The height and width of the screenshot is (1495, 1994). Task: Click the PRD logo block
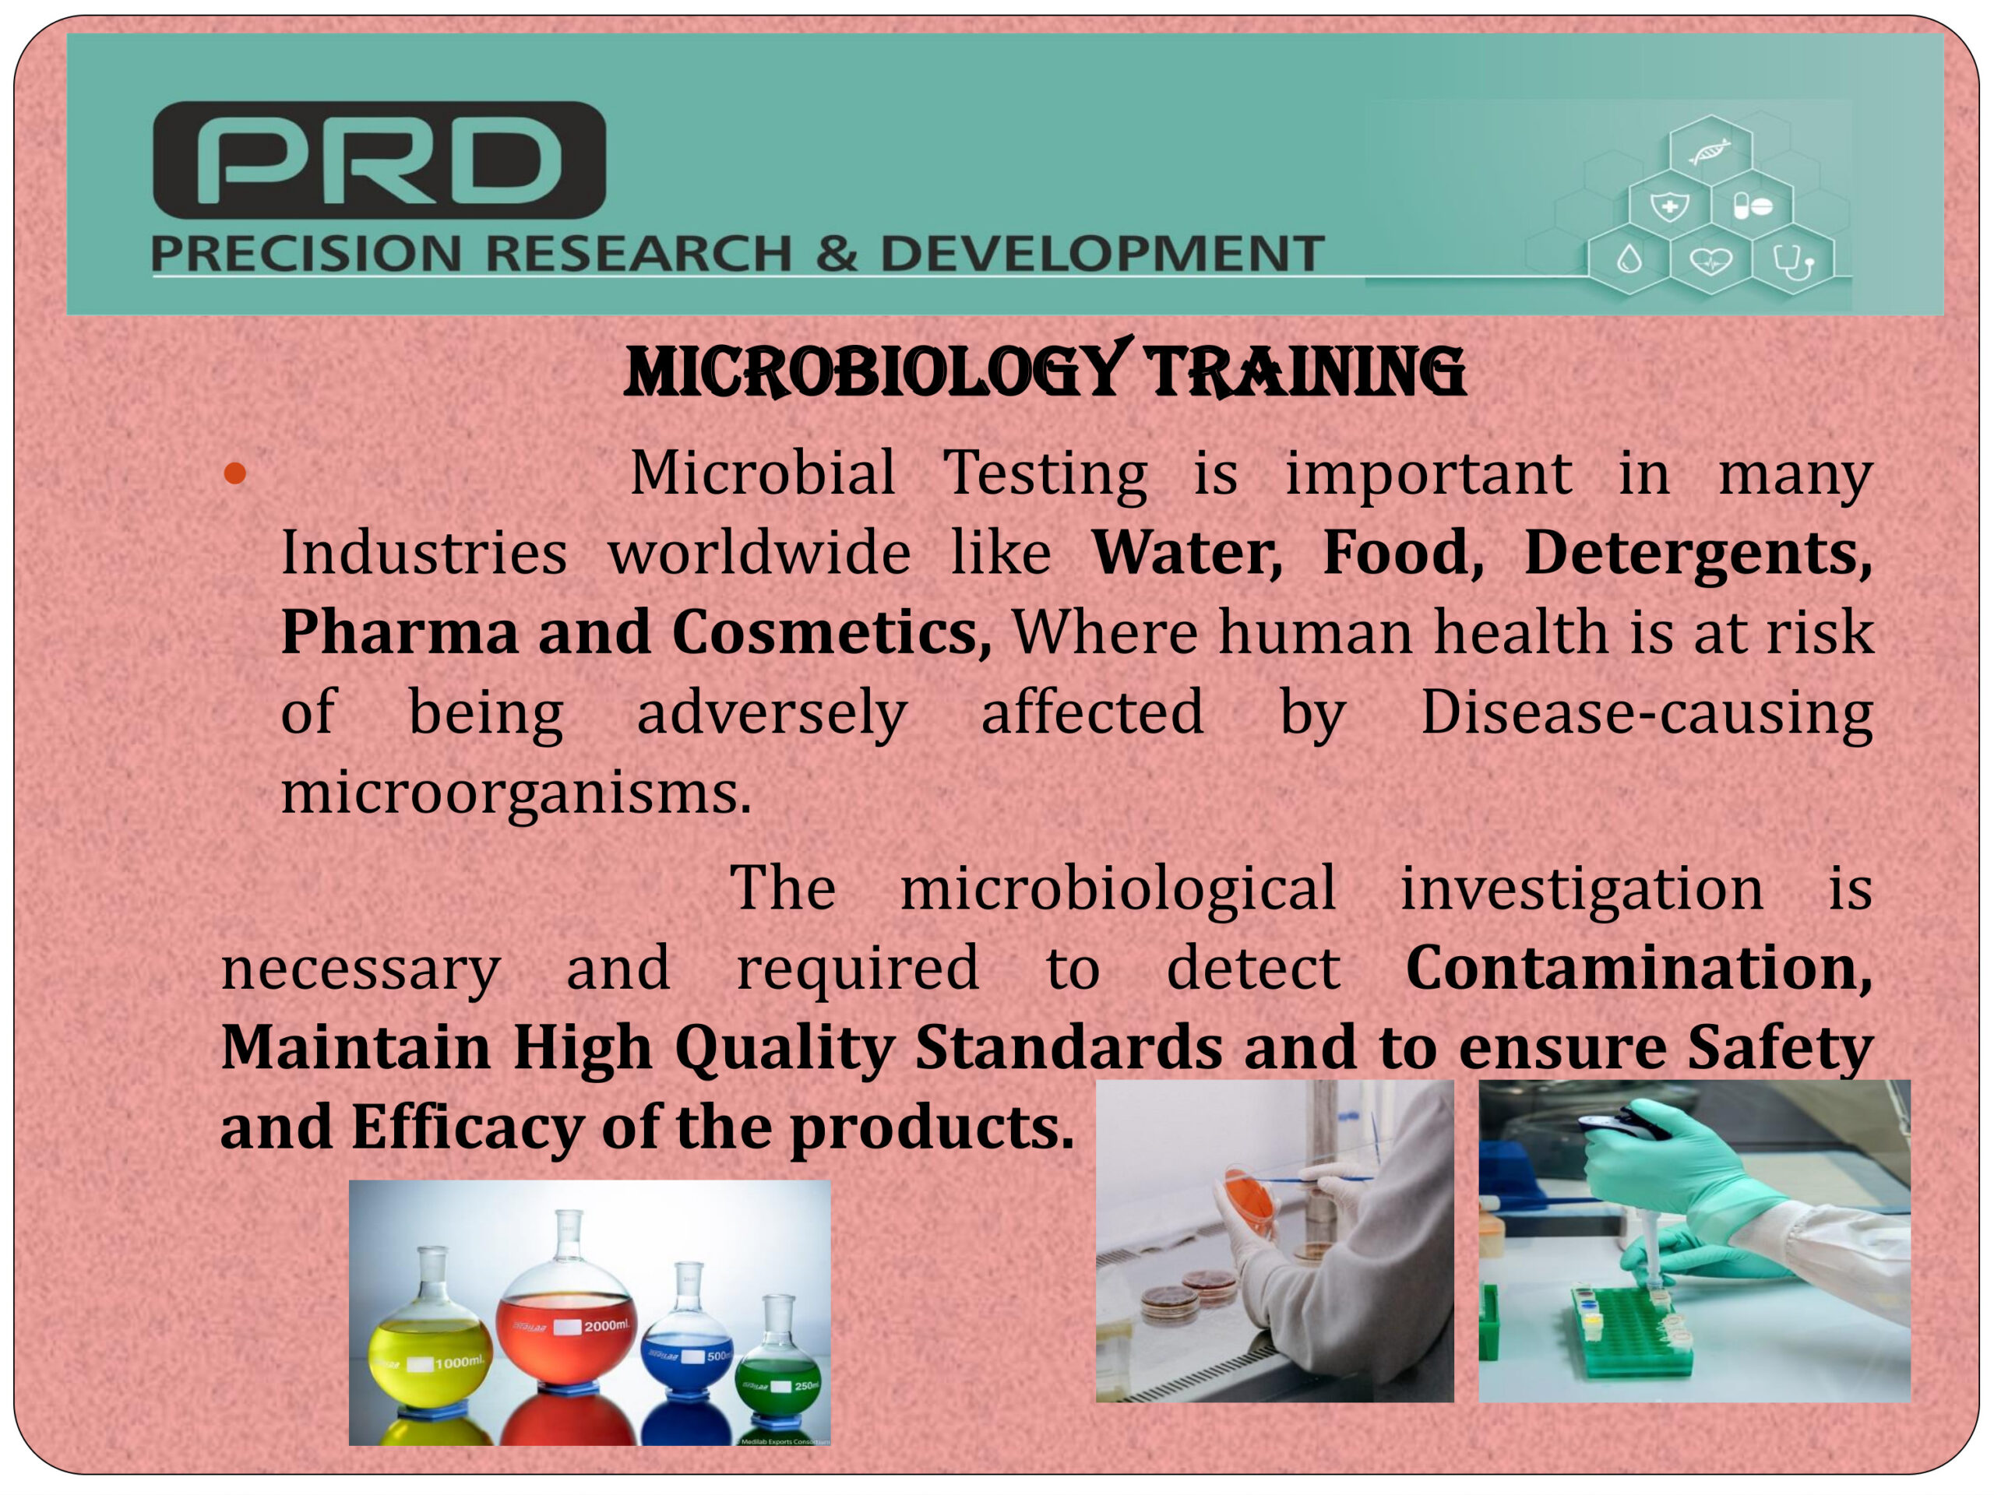click(x=379, y=160)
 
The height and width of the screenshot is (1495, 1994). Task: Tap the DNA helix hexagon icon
click(x=1710, y=150)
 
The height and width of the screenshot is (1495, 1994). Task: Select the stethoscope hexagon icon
click(x=1793, y=262)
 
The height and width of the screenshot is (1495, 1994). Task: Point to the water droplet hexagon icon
click(x=1629, y=262)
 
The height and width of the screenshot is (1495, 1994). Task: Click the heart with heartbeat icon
click(x=1710, y=262)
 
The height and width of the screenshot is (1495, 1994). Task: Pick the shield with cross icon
click(x=1669, y=206)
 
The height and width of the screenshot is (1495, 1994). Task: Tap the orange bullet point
click(x=235, y=474)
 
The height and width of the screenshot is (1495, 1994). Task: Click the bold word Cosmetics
click(x=831, y=631)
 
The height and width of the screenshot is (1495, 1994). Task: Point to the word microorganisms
click(x=516, y=794)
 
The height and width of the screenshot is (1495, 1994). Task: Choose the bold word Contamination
click(x=1639, y=968)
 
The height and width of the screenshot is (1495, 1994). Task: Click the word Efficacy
click(x=467, y=1129)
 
